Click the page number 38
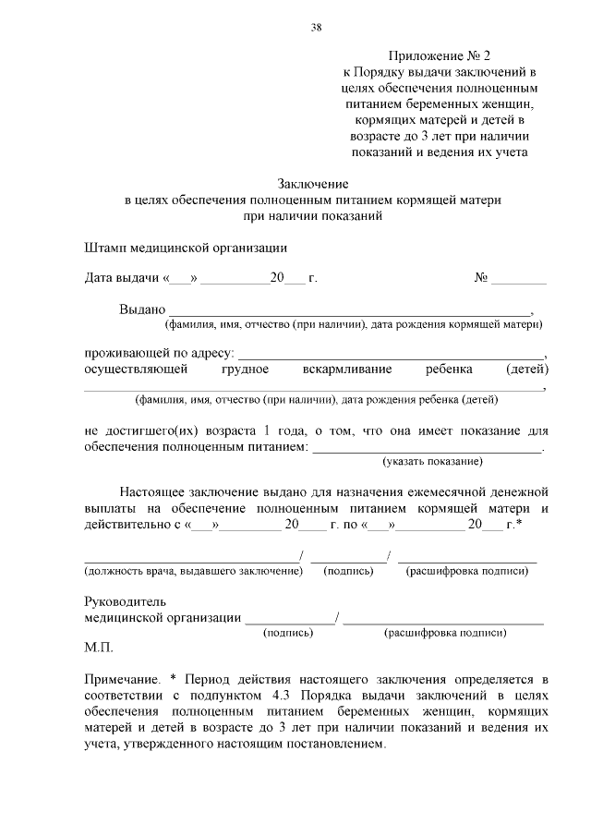pos(316,28)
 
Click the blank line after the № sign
pos(518,280)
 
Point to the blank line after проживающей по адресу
pos(392,356)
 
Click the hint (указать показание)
pos(433,461)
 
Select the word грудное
pos(245,370)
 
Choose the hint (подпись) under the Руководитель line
pos(288,633)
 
